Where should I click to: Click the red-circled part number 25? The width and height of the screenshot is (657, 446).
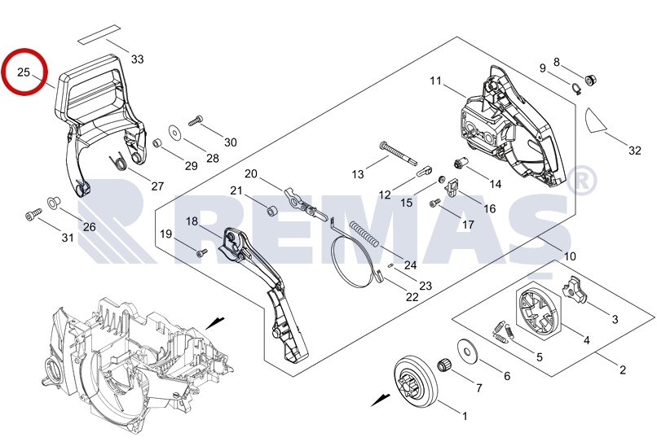point(24,72)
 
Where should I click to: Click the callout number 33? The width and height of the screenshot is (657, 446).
point(137,59)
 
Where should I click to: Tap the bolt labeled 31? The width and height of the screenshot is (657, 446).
point(32,216)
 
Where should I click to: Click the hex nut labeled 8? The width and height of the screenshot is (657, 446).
point(591,79)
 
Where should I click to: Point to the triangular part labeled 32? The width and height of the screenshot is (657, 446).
point(598,121)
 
